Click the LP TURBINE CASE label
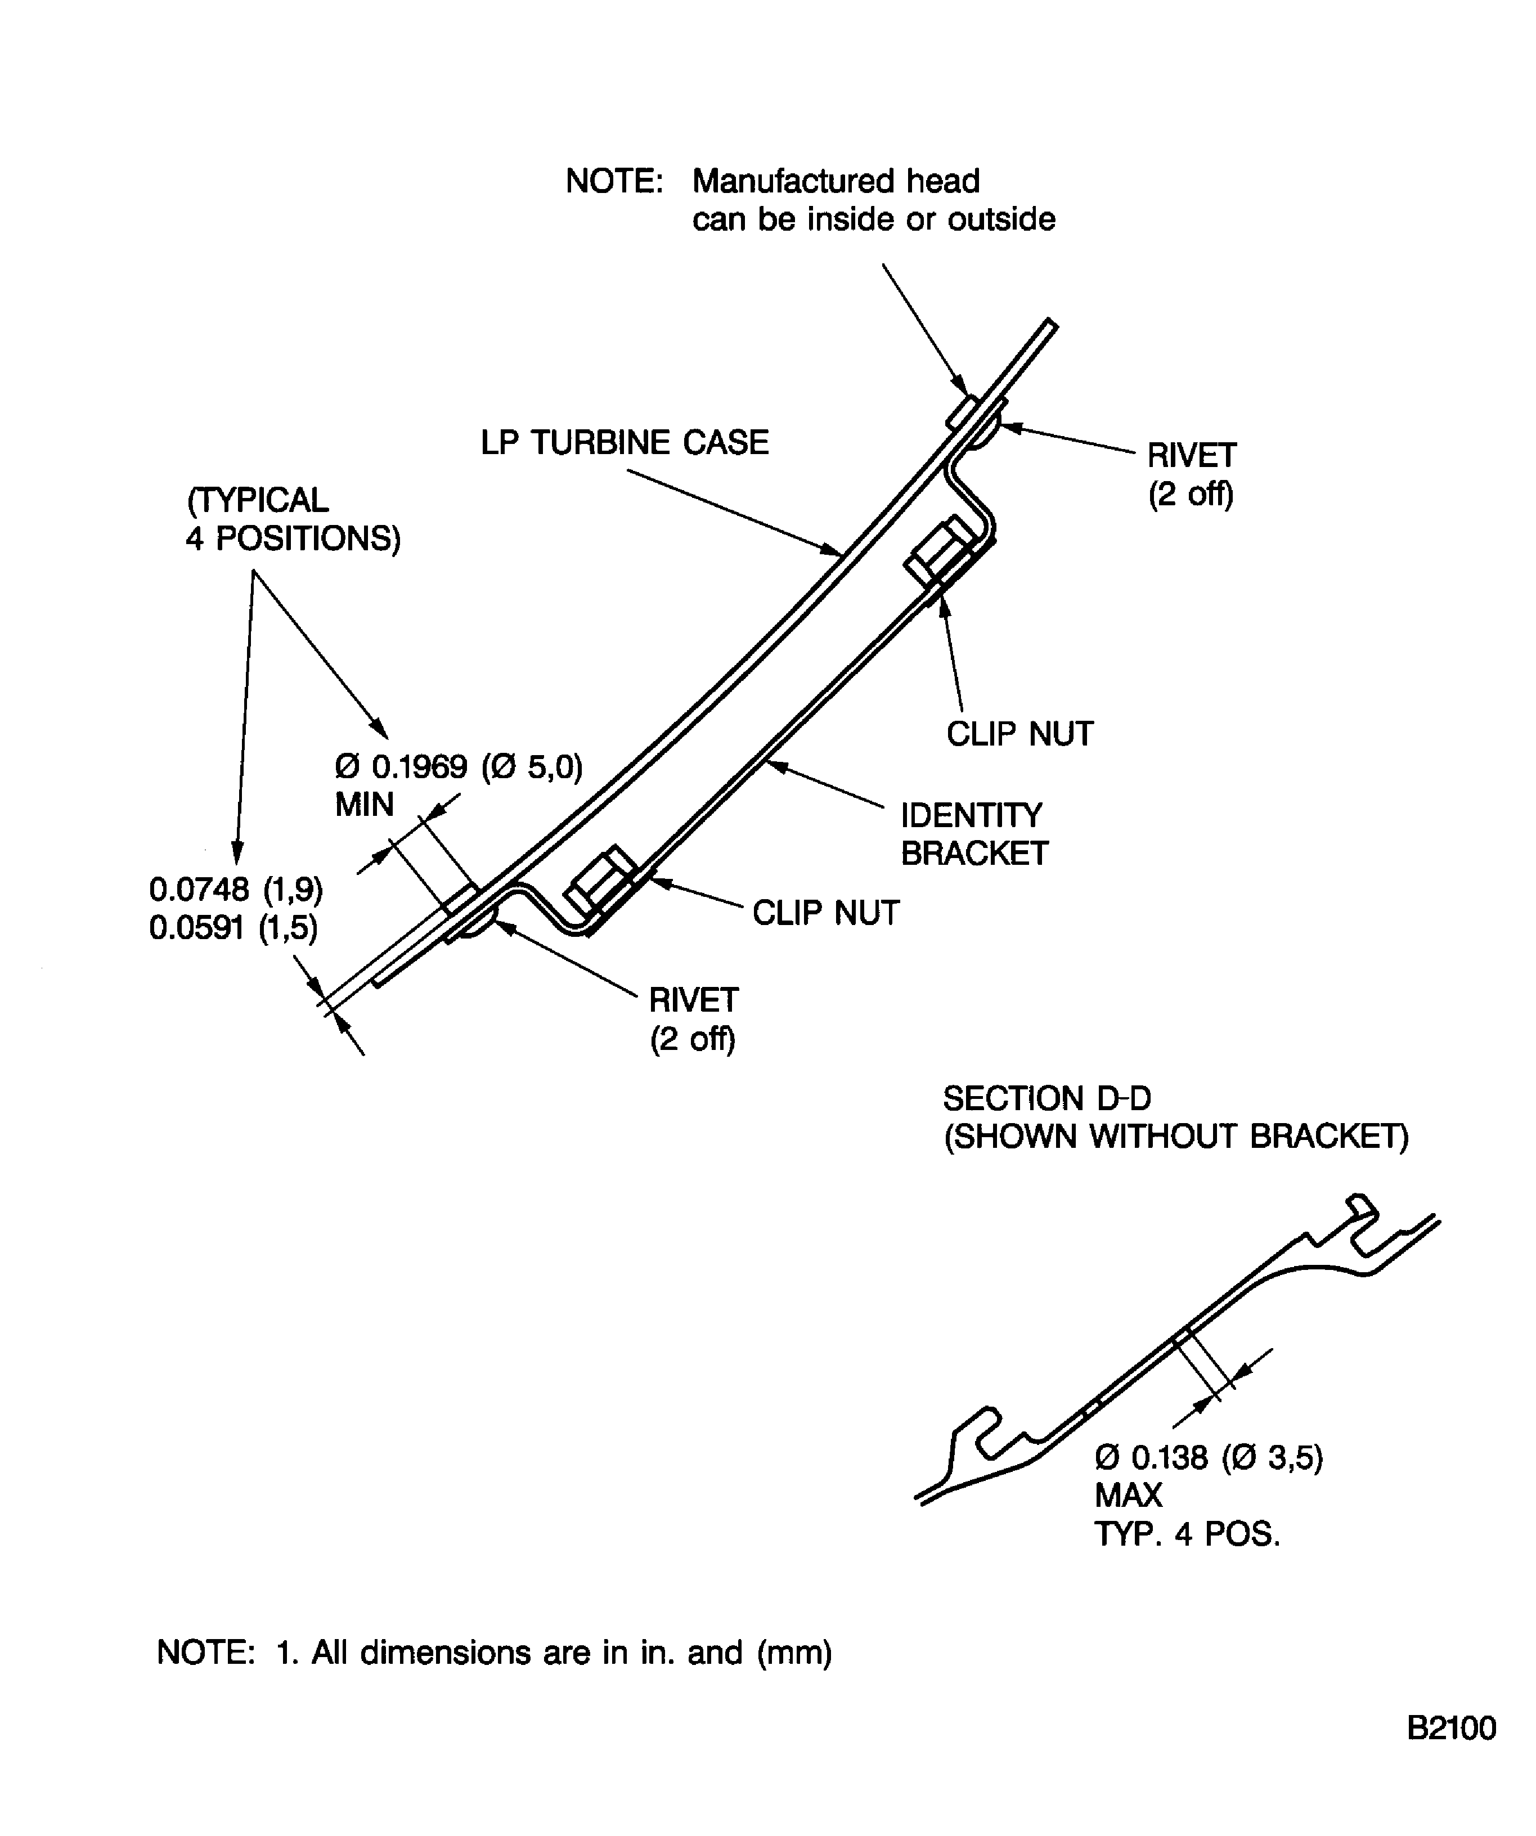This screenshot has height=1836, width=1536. [x=624, y=442]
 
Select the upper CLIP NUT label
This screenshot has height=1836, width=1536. [x=1019, y=734]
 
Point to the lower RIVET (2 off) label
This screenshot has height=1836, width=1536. [x=693, y=1018]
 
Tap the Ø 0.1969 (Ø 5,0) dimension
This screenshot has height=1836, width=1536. [x=458, y=767]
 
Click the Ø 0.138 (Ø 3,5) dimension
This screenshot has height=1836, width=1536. [x=1208, y=1457]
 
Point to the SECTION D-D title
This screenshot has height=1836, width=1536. [x=1047, y=1098]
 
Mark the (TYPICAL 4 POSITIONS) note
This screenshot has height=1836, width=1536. [x=293, y=519]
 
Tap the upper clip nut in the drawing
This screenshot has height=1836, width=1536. [x=939, y=551]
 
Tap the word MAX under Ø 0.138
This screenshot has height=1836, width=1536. [x=1128, y=1496]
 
